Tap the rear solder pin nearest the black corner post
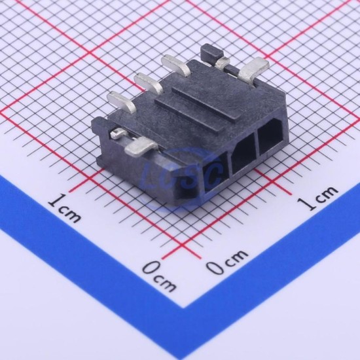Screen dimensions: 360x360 click(176, 65)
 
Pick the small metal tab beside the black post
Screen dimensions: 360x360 click(223, 62)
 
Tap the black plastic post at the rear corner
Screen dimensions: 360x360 click(211, 52)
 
